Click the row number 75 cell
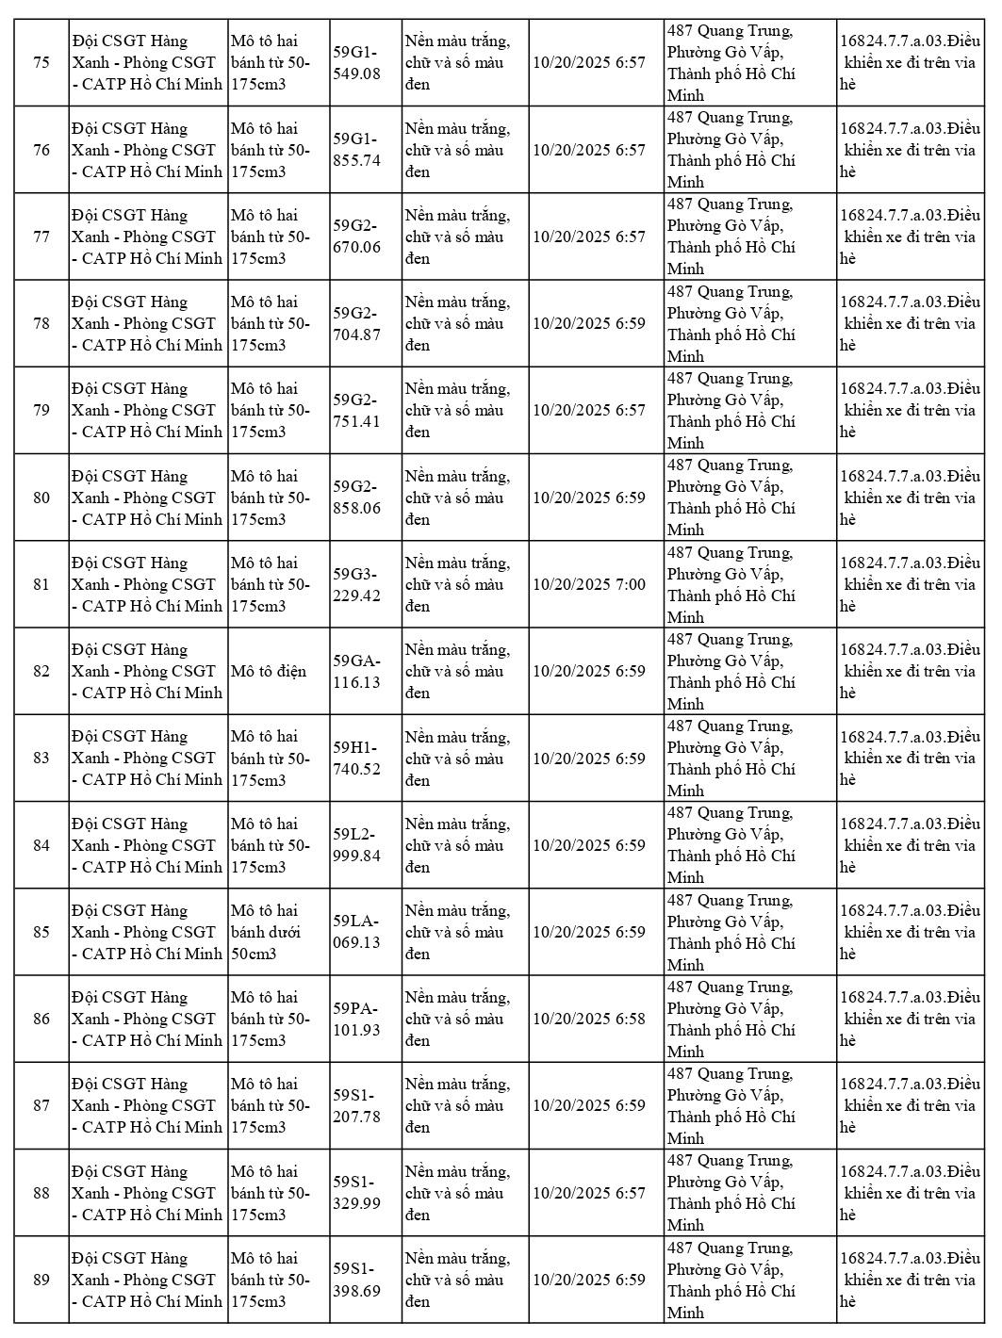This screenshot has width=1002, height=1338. pos(41,62)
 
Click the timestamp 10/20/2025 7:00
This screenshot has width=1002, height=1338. pos(589,584)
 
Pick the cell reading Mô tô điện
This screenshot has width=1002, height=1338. pos(269,671)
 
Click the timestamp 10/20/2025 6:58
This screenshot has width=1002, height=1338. pos(589,1019)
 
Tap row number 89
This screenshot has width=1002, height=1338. pos(41,1280)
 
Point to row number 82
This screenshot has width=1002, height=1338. pos(41,671)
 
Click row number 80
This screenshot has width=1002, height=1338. pos(41,498)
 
